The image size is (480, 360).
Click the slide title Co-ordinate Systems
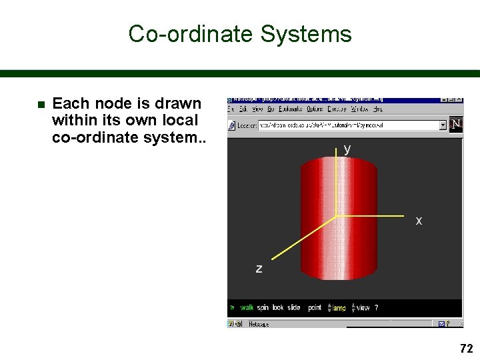240,33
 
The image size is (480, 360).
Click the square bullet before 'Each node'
39,105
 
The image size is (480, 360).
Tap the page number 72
466,348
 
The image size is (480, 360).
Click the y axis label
347,149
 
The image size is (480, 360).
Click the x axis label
419,221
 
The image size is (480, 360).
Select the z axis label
259,269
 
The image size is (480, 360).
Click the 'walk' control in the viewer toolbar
247,308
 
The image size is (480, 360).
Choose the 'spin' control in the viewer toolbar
263,308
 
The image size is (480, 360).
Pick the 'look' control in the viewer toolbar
278,308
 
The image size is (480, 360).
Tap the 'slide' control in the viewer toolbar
294,308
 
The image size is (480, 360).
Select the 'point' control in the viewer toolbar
315,308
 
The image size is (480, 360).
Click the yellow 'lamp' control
339,308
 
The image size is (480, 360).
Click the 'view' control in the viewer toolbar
363,308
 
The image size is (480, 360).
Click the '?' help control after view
376,308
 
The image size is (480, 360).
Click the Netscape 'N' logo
456,125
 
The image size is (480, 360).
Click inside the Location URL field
347,125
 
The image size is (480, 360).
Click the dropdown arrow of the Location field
443,125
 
